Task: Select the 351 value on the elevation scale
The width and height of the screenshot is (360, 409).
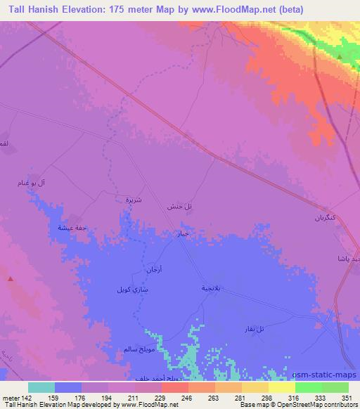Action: click(347, 398)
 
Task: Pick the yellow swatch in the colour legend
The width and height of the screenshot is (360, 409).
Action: click(282, 387)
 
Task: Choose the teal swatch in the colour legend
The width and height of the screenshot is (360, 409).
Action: click(41, 387)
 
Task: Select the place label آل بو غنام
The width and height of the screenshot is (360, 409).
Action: click(51, 183)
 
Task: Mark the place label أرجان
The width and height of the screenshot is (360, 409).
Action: click(153, 270)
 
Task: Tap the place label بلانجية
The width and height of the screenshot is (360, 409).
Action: click(212, 288)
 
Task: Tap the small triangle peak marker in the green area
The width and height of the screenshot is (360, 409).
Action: click(340, 57)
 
